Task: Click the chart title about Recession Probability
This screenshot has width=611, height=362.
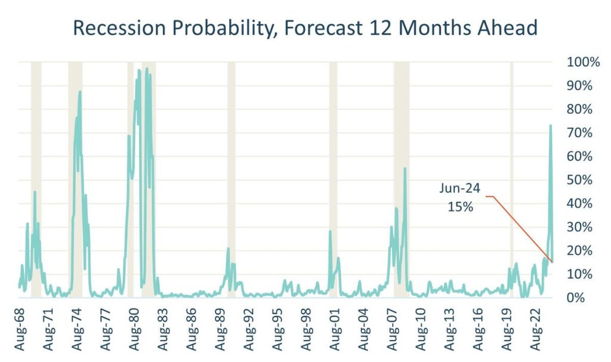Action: [x=304, y=27]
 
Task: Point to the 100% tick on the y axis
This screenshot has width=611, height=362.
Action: [x=575, y=62]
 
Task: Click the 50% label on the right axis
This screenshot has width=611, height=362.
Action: [x=578, y=180]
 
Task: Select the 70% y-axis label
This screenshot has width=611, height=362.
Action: [x=578, y=133]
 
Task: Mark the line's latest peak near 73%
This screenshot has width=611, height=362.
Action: [x=550, y=126]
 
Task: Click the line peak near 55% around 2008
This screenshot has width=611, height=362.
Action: [x=405, y=169]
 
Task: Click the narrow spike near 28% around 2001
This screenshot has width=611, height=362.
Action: [x=330, y=232]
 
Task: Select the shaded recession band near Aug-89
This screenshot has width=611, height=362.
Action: [x=231, y=179]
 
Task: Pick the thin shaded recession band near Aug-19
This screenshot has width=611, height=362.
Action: [x=511, y=179]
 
